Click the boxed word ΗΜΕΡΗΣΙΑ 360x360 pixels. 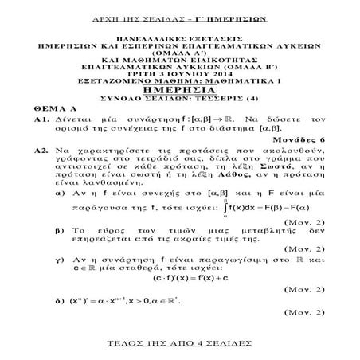tap(178, 89)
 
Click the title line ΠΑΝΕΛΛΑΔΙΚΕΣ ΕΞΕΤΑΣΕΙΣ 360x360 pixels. tap(178, 37)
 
